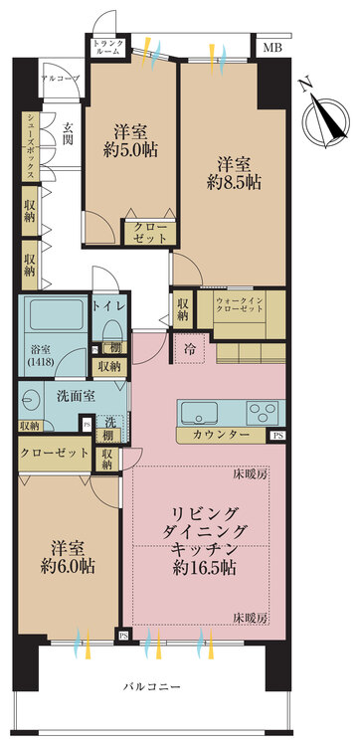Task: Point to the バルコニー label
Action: tap(152, 686)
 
